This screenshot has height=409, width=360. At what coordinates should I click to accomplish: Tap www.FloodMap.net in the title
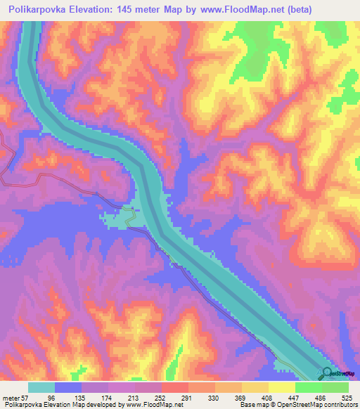point(225,9)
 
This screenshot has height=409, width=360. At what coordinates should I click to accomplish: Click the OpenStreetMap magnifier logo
point(328,374)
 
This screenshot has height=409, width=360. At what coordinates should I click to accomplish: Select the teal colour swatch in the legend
point(41,387)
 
